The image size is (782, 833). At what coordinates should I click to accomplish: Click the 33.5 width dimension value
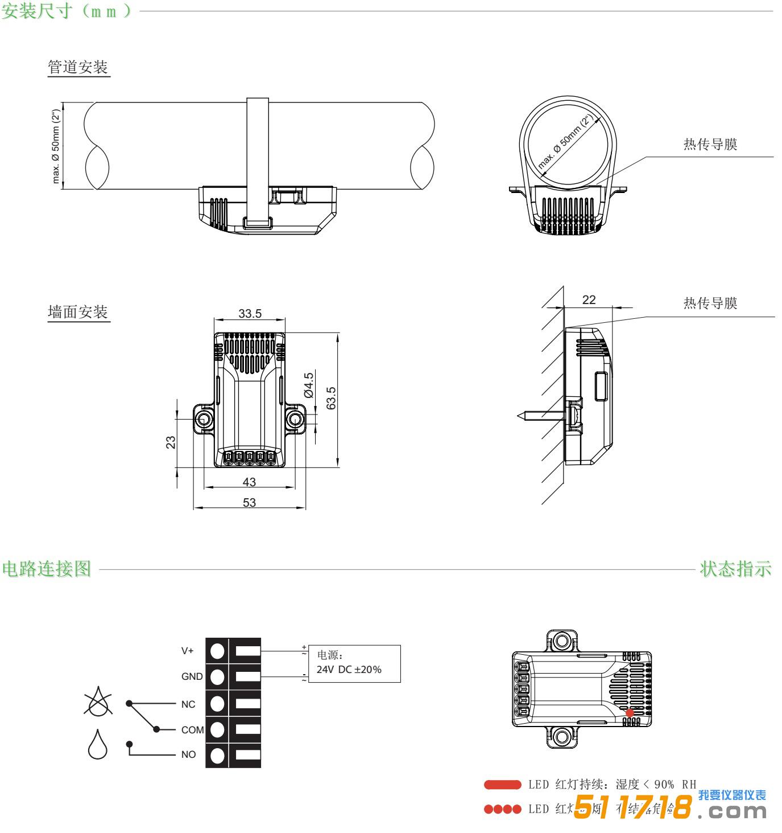pos(250,314)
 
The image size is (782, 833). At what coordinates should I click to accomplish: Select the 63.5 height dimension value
pos(332,398)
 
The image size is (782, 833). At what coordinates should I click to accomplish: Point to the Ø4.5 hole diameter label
pos(309,384)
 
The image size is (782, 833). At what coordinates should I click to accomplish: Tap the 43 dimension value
pos(249,482)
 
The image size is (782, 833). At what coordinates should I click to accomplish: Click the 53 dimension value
pos(249,503)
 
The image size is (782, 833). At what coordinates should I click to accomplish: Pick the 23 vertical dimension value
pos(171,442)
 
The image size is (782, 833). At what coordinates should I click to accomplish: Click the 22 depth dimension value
pos(589,300)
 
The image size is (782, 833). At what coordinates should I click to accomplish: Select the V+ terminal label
pos(187,650)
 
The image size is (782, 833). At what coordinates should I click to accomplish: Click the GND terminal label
pos(192,676)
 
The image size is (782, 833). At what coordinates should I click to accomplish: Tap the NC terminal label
pos(188,704)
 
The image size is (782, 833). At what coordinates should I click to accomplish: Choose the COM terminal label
pos(192,730)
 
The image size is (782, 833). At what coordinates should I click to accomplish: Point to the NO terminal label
pos(188,755)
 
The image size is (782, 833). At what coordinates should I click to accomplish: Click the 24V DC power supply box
pos(354,664)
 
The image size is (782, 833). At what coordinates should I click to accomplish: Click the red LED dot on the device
pos(630,713)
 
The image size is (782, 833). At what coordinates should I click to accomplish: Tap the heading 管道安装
pos(78,68)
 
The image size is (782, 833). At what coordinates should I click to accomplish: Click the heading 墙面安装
pos(78,312)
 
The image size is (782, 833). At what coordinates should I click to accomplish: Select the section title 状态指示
pos(736,569)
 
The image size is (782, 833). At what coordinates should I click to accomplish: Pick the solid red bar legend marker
pos(502,785)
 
